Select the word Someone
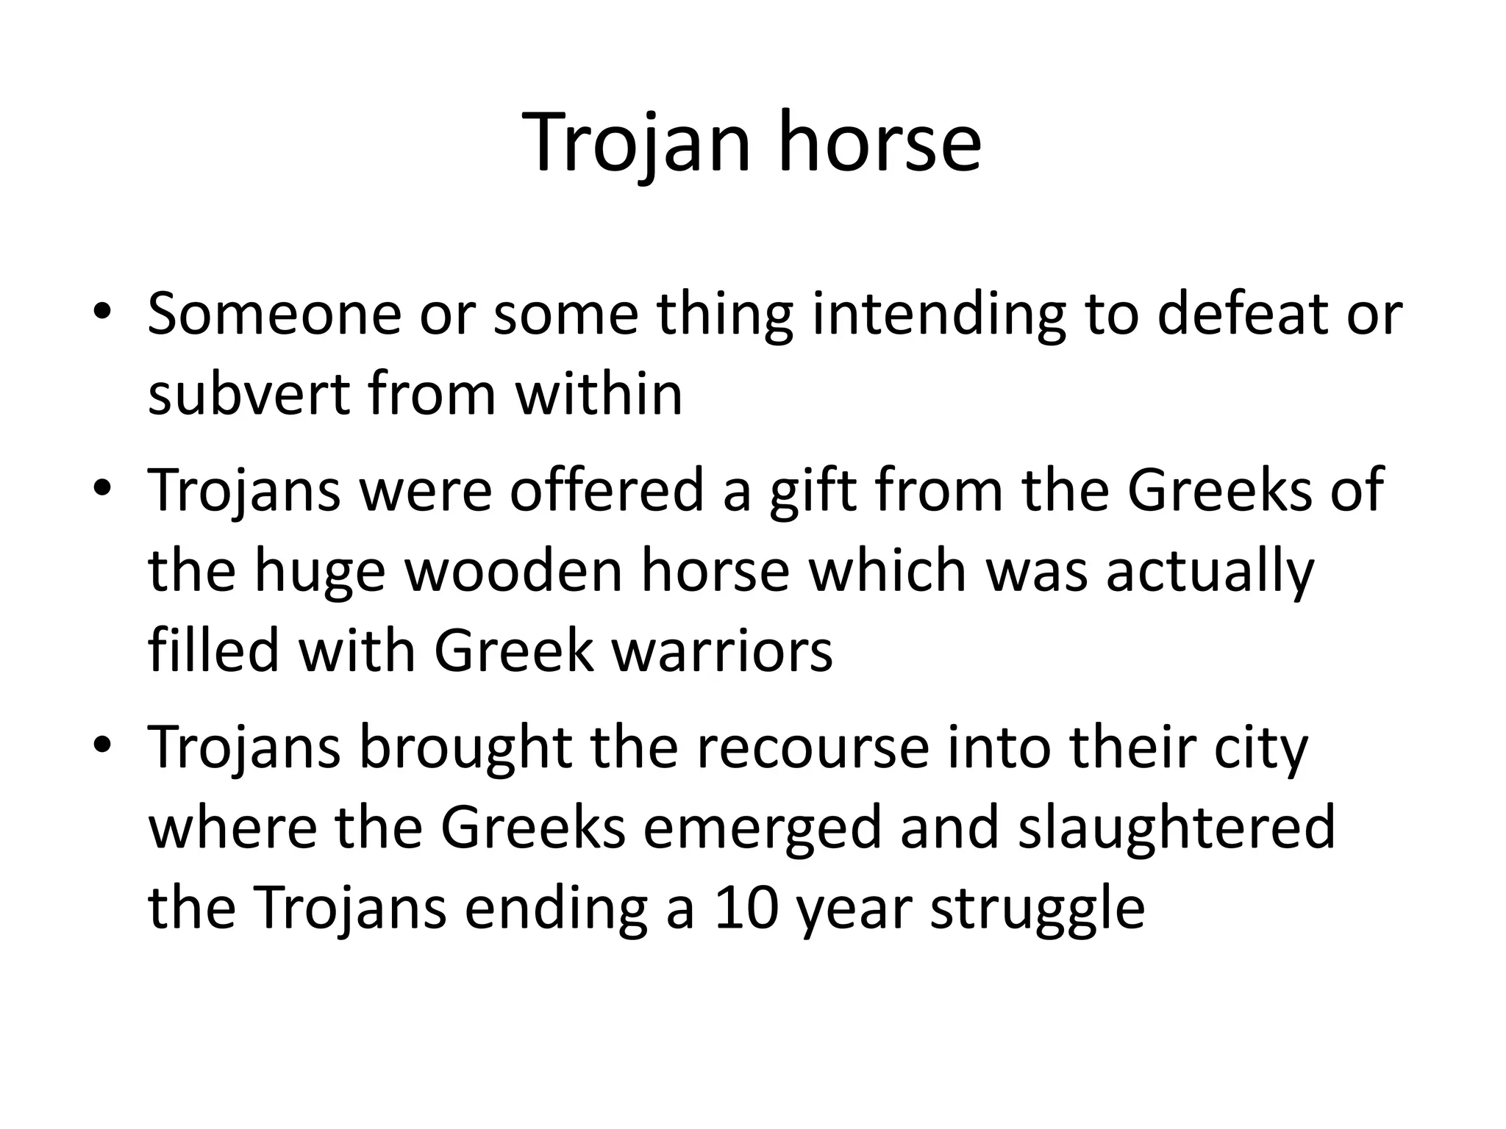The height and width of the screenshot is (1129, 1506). point(274,314)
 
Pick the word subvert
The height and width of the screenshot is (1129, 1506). point(249,395)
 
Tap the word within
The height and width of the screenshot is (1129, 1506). point(599,395)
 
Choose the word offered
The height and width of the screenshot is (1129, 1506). point(607,490)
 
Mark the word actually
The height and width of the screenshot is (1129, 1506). point(1210,571)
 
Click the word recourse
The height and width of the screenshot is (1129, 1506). point(812,748)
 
